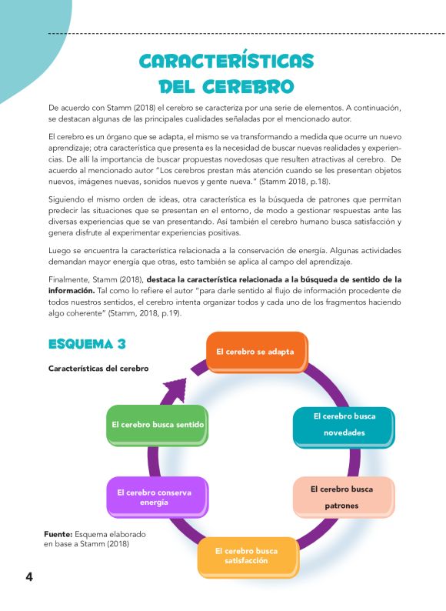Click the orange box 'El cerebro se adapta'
pos(256,351)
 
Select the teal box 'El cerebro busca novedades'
pos(343,425)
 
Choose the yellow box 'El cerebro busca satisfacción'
pos(247,556)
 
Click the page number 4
pos(28,577)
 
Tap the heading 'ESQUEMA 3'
pos(87,343)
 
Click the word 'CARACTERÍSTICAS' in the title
pos(227,61)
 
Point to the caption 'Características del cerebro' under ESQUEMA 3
pos(98,368)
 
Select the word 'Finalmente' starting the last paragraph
pos(68,278)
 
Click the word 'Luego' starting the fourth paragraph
pos(59,250)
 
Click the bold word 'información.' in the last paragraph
pos(72,291)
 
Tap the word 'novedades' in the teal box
pos(344,432)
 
